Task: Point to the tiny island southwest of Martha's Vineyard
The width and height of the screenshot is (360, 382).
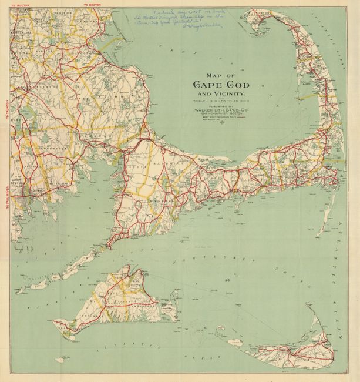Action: (60, 359)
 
